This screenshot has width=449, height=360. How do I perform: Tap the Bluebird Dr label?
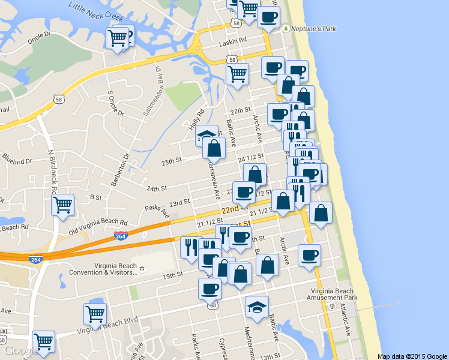tap(16, 159)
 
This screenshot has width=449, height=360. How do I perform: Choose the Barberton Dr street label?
tap(122, 170)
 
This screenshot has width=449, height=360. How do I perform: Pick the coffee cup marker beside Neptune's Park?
tap(268, 16)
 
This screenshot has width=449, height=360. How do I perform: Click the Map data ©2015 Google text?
tap(412, 356)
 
